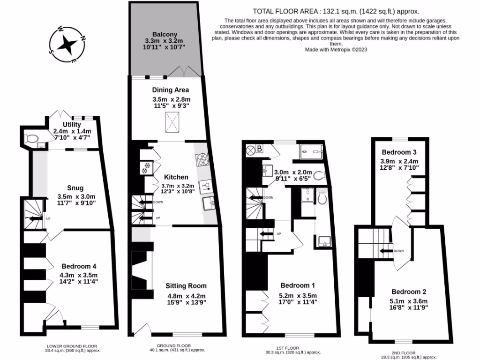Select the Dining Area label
pyautogui.click(x=171, y=90)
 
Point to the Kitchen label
pyautogui.click(x=176, y=177)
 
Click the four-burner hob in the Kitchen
pyautogui.click(x=202, y=160)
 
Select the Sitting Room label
pyautogui.click(x=187, y=285)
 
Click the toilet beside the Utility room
pyautogui.click(x=32, y=139)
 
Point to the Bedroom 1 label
pyautogui.click(x=297, y=285)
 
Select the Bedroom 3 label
pyautogui.click(x=399, y=152)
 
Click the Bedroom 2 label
pyautogui.click(x=409, y=291)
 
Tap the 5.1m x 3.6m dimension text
pyautogui.click(x=409, y=301)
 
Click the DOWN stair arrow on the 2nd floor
pyautogui.click(x=387, y=251)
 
